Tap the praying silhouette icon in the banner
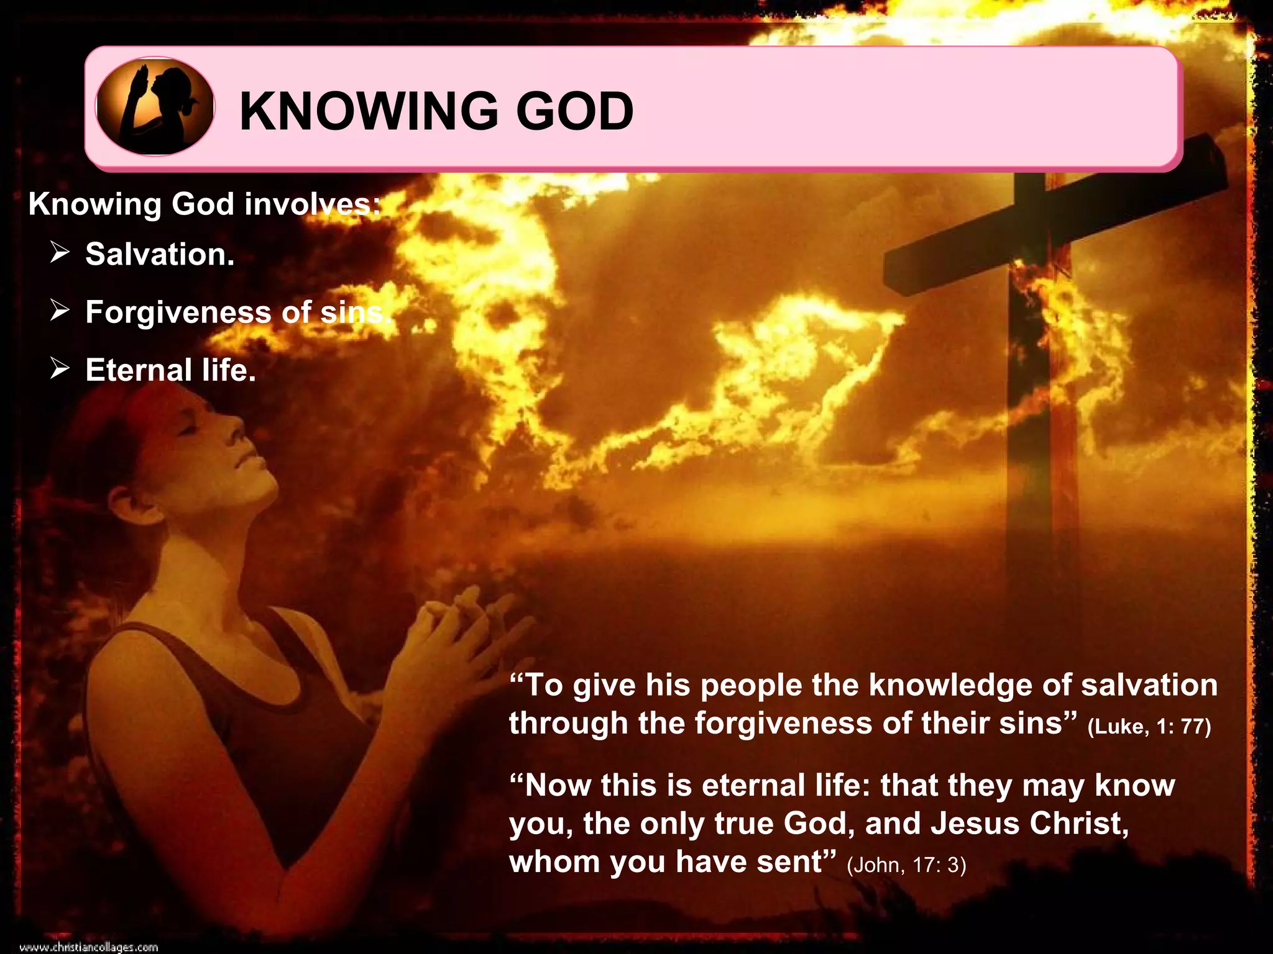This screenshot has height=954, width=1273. point(155,106)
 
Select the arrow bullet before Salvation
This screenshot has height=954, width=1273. point(60,253)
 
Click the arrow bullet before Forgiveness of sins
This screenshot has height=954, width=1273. point(60,311)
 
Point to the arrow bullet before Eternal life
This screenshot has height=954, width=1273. point(60,369)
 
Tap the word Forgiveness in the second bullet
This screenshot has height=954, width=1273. point(178,312)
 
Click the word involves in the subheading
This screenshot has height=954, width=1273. point(311,204)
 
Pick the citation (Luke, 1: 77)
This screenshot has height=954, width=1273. point(1149,726)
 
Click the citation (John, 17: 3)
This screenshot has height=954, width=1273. point(906,865)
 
